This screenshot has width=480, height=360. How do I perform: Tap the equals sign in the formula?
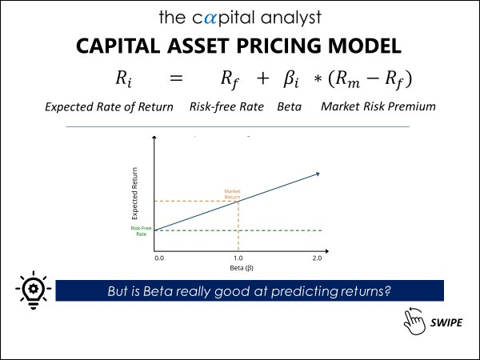[176, 78]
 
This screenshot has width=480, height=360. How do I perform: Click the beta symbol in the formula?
[290, 79]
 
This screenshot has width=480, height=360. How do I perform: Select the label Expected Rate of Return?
[109, 106]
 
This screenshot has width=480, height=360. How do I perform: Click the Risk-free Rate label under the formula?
[226, 106]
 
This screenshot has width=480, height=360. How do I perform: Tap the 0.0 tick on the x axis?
[159, 258]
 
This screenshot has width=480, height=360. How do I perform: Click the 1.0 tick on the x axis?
[238, 258]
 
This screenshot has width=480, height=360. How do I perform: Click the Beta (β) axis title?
[238, 268]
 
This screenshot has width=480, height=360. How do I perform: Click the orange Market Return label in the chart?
[232, 194]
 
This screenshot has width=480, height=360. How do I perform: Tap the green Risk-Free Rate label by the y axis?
[141, 230]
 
